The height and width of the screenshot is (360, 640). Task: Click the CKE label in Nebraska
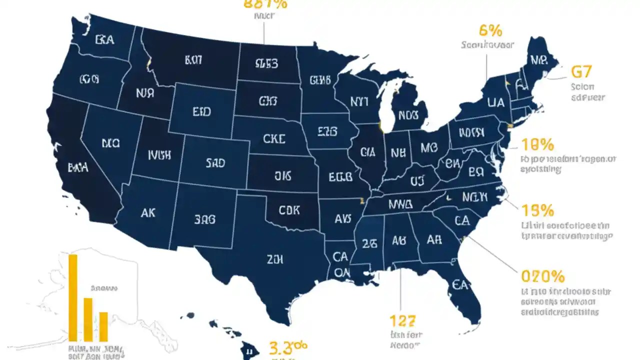pos(274,138)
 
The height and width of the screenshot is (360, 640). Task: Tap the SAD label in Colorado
pos(215,163)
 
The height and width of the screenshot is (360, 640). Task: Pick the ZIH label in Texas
pos(275,259)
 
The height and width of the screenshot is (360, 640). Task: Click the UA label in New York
pos(495,102)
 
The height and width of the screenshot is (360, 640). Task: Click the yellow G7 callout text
pos(580,72)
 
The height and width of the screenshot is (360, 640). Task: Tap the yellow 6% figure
pos(490,30)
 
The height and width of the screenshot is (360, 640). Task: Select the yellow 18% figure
pos(537,145)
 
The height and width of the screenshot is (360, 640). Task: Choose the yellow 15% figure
pos(537,209)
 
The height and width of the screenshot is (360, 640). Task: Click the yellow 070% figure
pos(542,276)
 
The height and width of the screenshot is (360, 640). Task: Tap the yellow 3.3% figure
pos(288,346)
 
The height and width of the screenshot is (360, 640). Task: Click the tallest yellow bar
pos(73,297)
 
